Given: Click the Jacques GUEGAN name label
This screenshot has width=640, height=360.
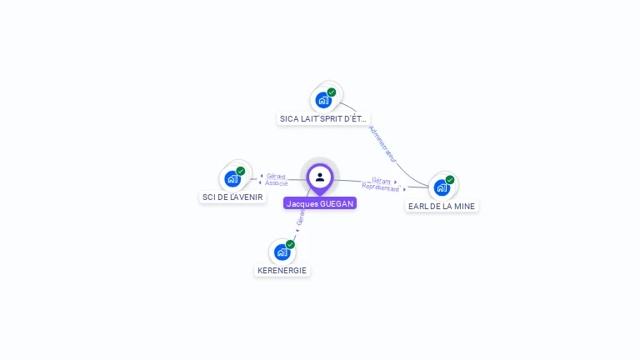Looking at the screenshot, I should click(x=320, y=203).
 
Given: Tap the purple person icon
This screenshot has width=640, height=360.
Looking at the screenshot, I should click(x=320, y=177).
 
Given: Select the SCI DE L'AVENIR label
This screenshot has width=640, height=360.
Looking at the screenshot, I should click(x=232, y=197).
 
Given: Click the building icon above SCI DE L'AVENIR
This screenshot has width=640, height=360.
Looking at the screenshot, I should click(x=232, y=178).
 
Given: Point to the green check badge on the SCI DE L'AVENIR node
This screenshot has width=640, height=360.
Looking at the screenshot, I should click(x=241, y=171).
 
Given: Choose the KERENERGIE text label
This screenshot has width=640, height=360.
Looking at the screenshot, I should click(x=282, y=271).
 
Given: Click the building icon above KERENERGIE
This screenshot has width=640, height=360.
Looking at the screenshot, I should click(x=282, y=252).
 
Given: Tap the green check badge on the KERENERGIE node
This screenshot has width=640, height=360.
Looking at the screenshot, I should click(x=290, y=244).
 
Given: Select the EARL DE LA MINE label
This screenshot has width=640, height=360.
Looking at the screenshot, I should click(x=442, y=206).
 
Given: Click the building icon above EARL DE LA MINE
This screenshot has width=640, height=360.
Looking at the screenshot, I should click(x=442, y=187).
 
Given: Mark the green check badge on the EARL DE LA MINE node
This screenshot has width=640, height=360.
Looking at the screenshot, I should click(x=450, y=179).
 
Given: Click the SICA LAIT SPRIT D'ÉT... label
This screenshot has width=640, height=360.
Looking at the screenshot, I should click(x=323, y=119).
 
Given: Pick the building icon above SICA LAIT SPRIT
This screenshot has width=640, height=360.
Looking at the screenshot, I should click(x=323, y=100).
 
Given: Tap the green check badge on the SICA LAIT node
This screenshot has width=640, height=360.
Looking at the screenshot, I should click(x=332, y=92).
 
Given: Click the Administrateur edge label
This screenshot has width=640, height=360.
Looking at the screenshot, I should click(x=383, y=143).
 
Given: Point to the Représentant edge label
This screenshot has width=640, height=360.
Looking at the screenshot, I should click(x=381, y=187).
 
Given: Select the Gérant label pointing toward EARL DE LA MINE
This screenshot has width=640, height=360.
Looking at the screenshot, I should click(x=381, y=180).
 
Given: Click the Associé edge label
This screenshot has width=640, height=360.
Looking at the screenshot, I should click(x=277, y=183).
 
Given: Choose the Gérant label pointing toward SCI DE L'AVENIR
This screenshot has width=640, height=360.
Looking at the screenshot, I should click(x=276, y=176).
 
